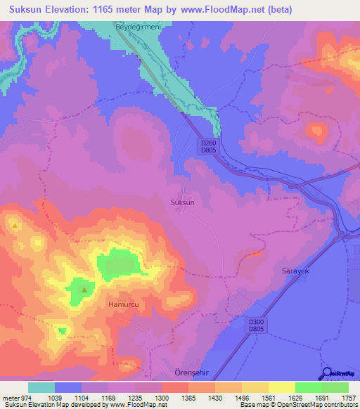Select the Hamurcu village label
click(123, 304)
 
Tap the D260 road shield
click(206, 142)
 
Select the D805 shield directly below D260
click(206, 150)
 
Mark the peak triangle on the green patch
click(84, 289)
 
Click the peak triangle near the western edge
click(15, 226)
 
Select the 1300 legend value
click(161, 398)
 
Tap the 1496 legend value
click(241, 398)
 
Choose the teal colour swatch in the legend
click(41, 387)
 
